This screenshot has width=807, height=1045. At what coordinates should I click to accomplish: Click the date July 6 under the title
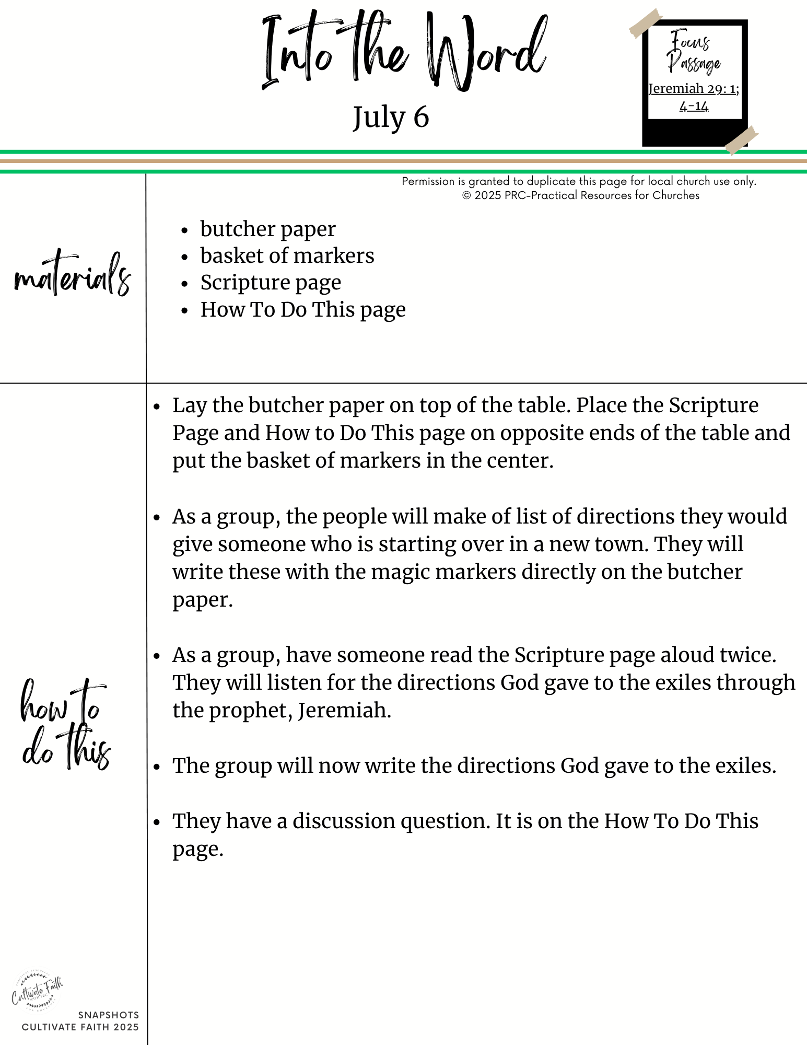coord(391,117)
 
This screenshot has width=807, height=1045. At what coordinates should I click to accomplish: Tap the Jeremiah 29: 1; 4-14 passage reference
coord(694,97)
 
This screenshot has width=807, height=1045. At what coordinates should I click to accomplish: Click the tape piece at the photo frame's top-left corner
coord(645,24)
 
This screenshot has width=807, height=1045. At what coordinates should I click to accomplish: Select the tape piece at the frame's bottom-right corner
coord(742,139)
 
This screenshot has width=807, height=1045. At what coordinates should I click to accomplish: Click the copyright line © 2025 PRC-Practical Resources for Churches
coord(580,195)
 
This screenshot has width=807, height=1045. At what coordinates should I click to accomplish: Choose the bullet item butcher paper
coord(268,229)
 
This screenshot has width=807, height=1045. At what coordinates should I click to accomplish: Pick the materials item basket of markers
coord(287,256)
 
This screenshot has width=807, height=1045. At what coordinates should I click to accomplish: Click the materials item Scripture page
coord(271,283)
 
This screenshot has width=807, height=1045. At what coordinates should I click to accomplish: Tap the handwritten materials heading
coord(73,275)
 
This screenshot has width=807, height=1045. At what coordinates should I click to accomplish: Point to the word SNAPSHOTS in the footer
coord(109,1015)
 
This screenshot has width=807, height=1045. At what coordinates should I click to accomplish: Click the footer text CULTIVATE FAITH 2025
coord(80,1027)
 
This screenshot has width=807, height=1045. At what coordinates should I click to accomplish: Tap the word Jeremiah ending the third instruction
coord(344,711)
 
